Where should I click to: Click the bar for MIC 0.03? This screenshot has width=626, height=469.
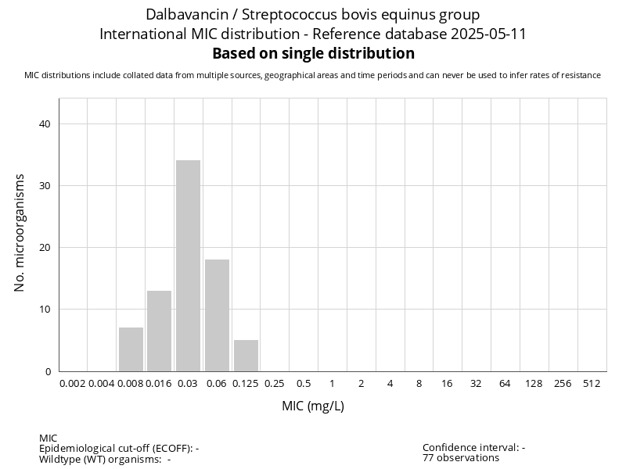coord(188,266)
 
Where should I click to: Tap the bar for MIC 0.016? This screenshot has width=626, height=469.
coord(159,331)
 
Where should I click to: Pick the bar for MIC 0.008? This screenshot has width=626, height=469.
coord(131,349)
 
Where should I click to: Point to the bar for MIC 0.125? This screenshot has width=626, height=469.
coord(246,356)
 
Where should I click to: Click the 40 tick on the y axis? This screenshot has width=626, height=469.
coord(45,124)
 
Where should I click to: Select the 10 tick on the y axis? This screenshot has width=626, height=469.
coord(45,310)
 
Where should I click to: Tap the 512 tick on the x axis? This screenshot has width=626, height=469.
coord(592,384)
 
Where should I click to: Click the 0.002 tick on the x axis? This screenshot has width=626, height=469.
coord(73,384)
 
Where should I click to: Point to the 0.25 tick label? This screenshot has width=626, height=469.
coord(275,384)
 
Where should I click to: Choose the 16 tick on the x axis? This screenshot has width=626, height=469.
coord(448,384)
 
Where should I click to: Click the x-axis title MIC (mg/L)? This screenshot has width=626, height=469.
coord(313,406)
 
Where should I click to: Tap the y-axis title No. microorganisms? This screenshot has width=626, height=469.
coord(20,233)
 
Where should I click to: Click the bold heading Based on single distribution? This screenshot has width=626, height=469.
coord(313,54)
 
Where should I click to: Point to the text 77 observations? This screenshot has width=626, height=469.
coord(461,458)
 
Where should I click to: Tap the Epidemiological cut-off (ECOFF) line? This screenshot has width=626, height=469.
coord(119,449)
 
